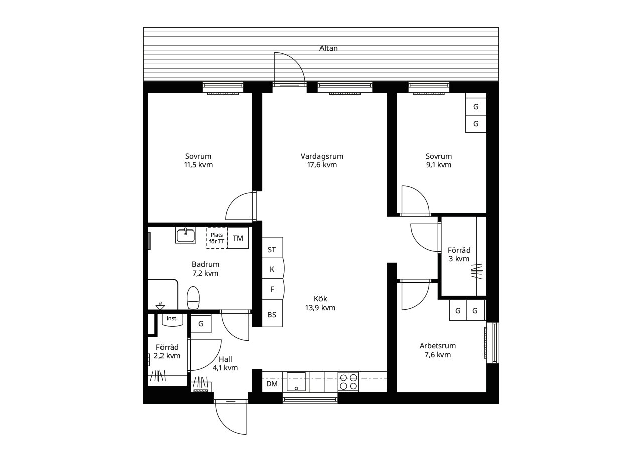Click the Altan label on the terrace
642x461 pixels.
(x=328, y=48)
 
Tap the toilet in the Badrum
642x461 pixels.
(x=193, y=298)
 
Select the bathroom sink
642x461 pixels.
(x=186, y=236)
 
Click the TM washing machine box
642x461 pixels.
(x=238, y=238)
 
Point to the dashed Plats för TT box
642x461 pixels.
(x=217, y=238)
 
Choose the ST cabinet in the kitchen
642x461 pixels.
(x=272, y=248)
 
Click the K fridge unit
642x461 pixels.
(x=273, y=268)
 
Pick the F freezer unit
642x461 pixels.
(x=273, y=289)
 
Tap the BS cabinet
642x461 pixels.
(x=272, y=313)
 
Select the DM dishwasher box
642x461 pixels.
(x=272, y=383)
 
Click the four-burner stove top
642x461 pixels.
(x=348, y=382)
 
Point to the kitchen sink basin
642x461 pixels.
(x=296, y=382)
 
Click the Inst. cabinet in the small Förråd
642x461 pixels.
(x=172, y=320)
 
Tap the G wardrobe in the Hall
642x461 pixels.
(x=201, y=324)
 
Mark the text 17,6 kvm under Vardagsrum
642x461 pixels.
(x=322, y=165)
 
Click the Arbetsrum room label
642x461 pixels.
(x=438, y=346)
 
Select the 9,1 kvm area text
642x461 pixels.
(x=439, y=165)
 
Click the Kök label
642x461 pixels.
(x=320, y=298)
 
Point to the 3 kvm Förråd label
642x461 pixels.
(x=459, y=259)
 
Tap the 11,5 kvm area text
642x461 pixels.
(x=198, y=165)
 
